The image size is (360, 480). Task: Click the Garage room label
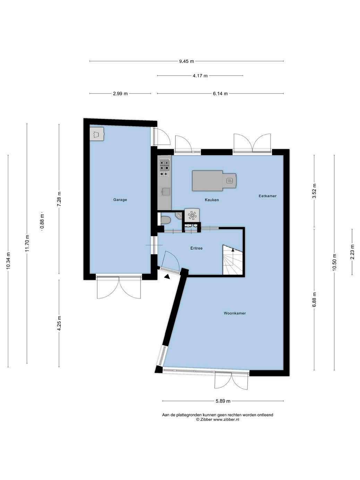(x=120, y=200)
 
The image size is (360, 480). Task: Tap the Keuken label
(x=212, y=200)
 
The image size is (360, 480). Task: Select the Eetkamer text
(x=267, y=196)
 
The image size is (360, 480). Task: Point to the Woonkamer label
(x=235, y=313)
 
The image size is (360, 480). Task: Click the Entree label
(x=196, y=248)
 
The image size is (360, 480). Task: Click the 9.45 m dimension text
(x=187, y=61)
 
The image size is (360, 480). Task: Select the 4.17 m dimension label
(x=200, y=76)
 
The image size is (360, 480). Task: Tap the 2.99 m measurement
(x=120, y=94)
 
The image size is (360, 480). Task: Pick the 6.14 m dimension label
(x=220, y=94)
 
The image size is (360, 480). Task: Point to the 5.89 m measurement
(x=223, y=401)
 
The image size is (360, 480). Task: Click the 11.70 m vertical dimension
(x=27, y=243)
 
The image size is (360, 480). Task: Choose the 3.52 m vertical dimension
(x=314, y=191)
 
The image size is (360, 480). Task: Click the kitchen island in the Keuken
(x=214, y=181)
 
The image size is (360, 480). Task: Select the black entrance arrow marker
(x=167, y=277)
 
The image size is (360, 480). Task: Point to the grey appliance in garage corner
(x=97, y=134)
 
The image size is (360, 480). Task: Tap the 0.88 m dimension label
(x=42, y=221)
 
